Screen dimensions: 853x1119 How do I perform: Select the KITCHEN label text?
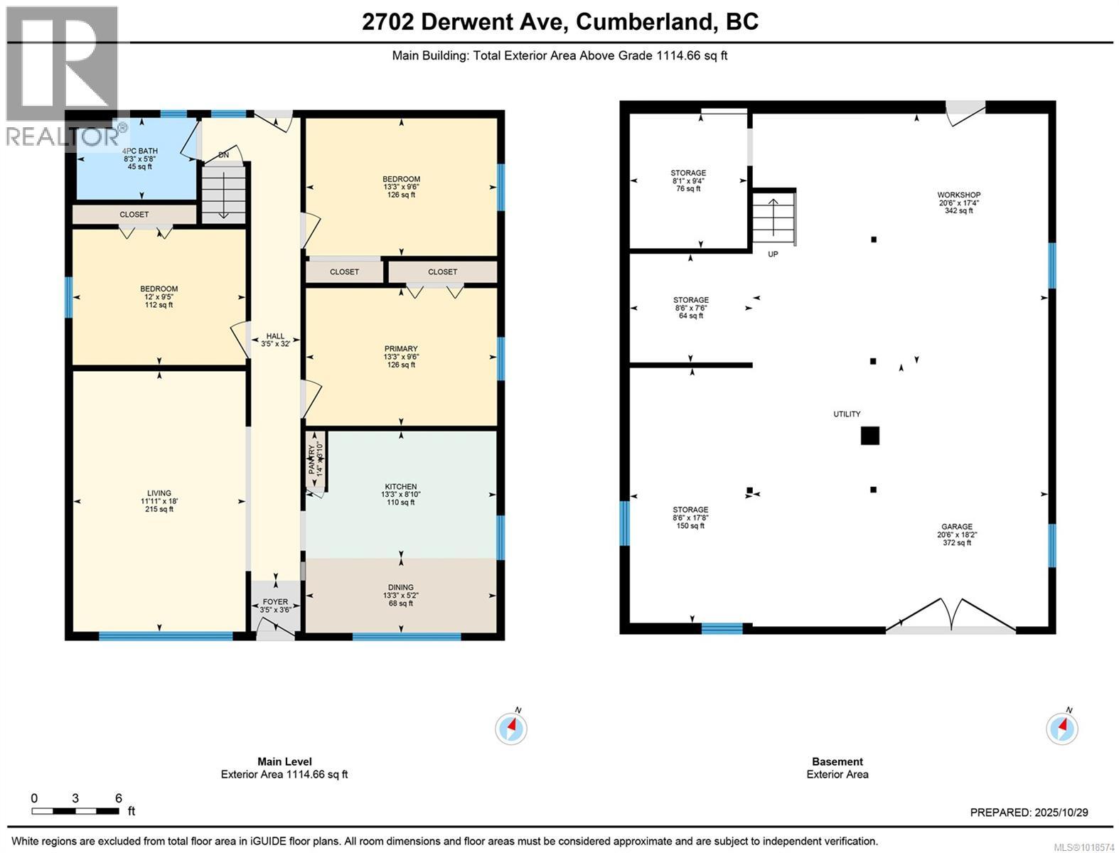tap(400, 487)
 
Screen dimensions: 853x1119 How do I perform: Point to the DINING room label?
tap(400, 588)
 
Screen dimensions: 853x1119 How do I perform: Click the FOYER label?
tap(275, 601)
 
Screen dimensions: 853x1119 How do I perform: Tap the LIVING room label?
tap(159, 493)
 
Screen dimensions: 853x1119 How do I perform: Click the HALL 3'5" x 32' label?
tap(275, 340)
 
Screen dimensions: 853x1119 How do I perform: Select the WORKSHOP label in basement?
tap(958, 195)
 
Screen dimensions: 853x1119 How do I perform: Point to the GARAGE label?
tap(956, 527)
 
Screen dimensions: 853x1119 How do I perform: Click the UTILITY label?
tap(847, 414)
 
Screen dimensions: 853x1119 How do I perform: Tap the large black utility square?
tap(869, 436)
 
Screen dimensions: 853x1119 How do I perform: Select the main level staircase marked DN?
tap(223, 193)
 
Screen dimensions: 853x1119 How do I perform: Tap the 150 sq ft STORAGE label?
tap(690, 510)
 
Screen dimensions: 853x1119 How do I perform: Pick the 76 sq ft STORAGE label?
tap(688, 173)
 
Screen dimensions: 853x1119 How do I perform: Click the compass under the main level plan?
tap(510, 728)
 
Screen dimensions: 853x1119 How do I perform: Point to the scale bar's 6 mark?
tap(119, 798)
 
